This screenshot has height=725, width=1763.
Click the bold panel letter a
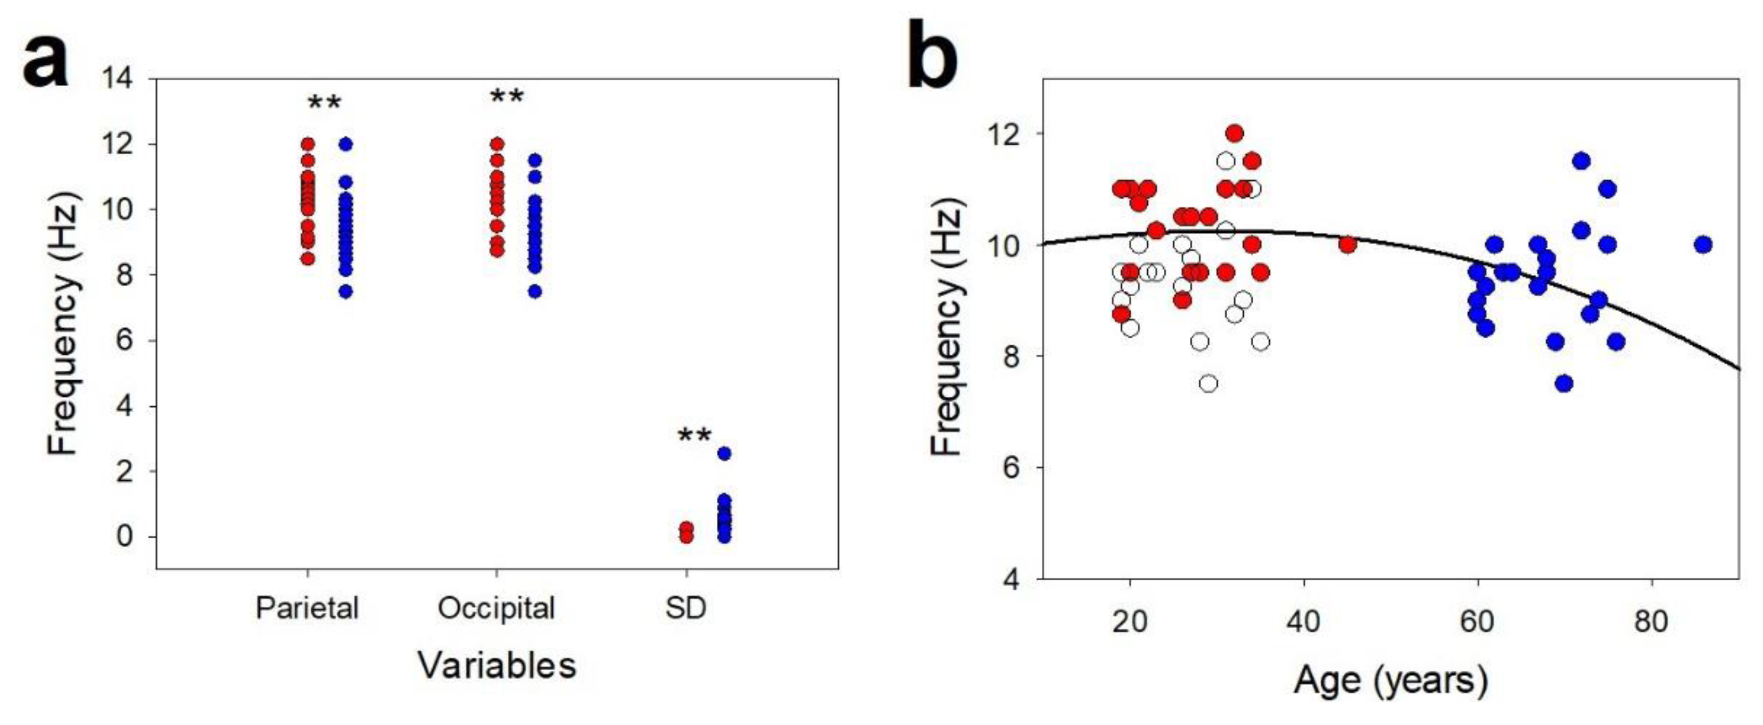pos(46,63)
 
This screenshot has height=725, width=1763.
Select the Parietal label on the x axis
pos(307,608)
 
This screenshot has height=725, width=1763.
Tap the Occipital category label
pos(496,608)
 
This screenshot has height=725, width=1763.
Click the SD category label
pos(686,608)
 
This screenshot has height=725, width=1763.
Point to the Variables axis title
pos(498,665)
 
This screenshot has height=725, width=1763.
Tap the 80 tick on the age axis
pos(1651,622)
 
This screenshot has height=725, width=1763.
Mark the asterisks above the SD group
pos(694,436)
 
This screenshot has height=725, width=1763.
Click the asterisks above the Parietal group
pos(324,104)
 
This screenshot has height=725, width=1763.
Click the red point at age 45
pos(1347,244)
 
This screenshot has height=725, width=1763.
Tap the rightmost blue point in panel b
pos(1703,244)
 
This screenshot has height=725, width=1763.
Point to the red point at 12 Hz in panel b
pos(1235,134)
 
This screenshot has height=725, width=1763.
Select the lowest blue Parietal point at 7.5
pos(345,291)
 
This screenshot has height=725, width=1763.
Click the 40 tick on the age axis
pos(1304,622)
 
